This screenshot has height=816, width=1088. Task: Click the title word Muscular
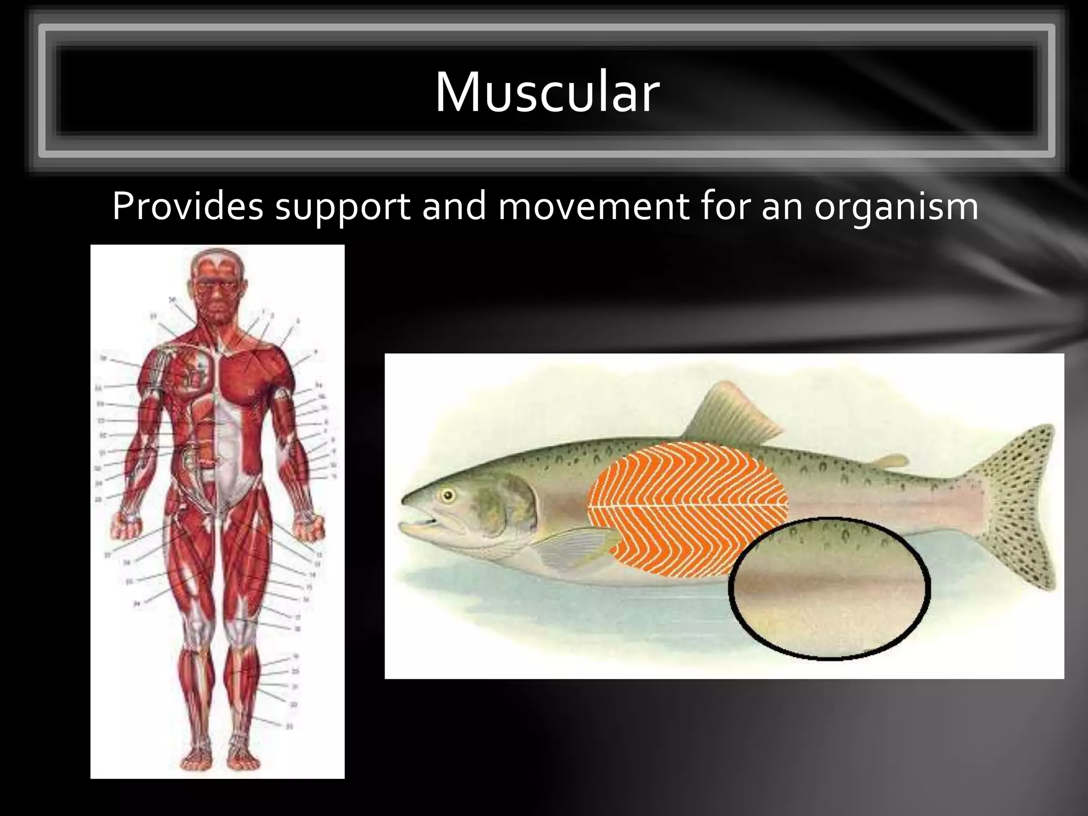[x=547, y=92]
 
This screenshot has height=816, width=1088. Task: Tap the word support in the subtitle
[x=343, y=207]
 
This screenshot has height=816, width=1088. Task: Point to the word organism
[x=896, y=207]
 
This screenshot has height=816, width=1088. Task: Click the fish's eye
[x=448, y=496]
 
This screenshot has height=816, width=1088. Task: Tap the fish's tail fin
[x=1015, y=505]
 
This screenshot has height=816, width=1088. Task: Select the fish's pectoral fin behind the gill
[x=574, y=547]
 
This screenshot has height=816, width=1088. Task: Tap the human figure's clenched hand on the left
[x=127, y=525]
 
